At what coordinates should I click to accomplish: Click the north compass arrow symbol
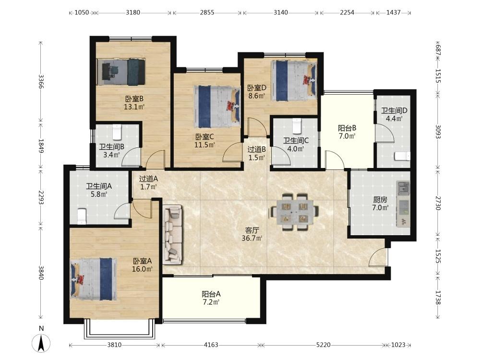(x=41, y=343)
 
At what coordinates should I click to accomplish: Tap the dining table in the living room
(x=294, y=212)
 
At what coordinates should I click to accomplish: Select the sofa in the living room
(x=173, y=235)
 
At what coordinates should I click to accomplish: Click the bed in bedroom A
(x=94, y=278)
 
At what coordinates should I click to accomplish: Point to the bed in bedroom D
(x=294, y=81)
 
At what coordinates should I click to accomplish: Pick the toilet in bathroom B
(x=117, y=132)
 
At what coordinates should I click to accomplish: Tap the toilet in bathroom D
(x=402, y=156)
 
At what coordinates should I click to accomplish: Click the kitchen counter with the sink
(x=404, y=204)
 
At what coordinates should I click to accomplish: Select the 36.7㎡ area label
(x=252, y=238)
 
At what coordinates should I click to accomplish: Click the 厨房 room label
(x=380, y=200)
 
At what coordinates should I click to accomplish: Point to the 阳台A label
(x=211, y=294)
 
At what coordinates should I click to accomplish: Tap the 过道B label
(x=256, y=149)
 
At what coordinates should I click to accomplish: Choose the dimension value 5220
(x=323, y=345)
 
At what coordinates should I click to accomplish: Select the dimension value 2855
(x=207, y=12)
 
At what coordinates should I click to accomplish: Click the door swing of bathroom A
(x=122, y=211)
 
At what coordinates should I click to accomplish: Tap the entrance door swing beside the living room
(x=378, y=257)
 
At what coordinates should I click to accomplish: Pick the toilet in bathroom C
(x=296, y=126)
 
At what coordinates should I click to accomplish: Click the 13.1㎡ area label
(x=134, y=107)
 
